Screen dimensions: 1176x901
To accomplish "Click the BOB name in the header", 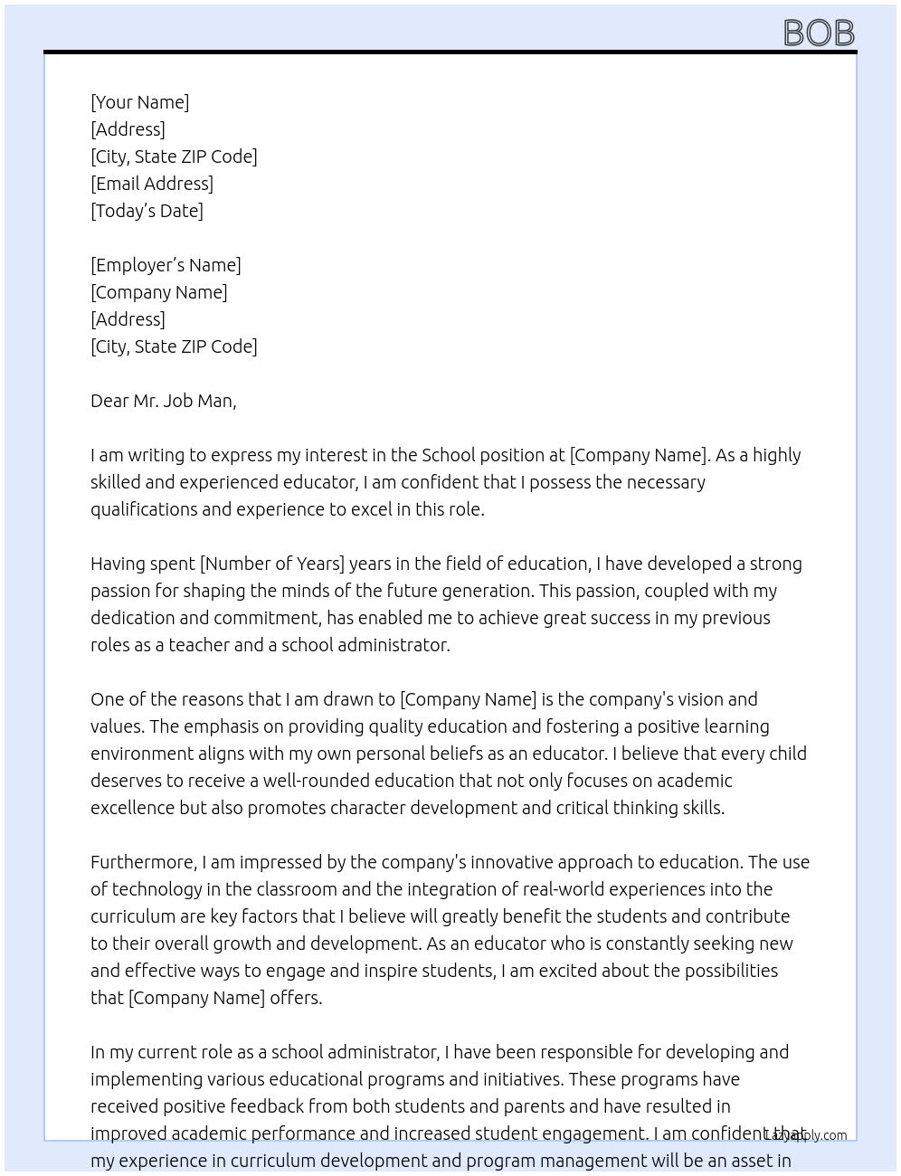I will pyautogui.click(x=819, y=33).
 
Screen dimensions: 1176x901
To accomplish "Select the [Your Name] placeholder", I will pyautogui.click(x=139, y=102).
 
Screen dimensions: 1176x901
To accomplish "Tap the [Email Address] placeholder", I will pyautogui.click(x=152, y=184).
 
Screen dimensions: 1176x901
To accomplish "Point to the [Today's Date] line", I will pyautogui.click(x=147, y=211).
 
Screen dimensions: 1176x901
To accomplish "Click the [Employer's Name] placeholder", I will pyautogui.click(x=166, y=265).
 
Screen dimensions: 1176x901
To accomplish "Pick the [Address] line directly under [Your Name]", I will pyautogui.click(x=128, y=129).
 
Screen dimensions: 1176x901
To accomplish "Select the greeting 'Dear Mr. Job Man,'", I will pyautogui.click(x=163, y=401).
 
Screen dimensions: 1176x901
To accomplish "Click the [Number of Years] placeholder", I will pyautogui.click(x=272, y=564).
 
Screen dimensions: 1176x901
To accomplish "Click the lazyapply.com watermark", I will pyautogui.click(x=806, y=1135).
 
